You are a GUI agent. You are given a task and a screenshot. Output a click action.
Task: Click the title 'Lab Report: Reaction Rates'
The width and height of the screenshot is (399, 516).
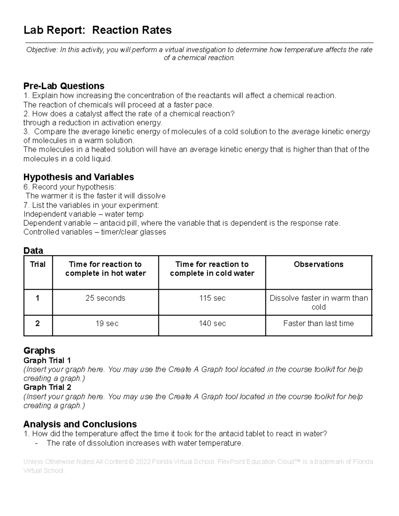pyautogui.click(x=97, y=30)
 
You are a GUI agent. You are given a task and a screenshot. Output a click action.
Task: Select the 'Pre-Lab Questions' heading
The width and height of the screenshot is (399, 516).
pyautogui.click(x=64, y=86)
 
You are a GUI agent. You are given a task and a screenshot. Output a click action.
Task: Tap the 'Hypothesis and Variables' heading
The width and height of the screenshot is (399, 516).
pyautogui.click(x=78, y=177)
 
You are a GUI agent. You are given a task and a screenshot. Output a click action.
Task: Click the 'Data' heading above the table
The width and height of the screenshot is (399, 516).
pyautogui.click(x=33, y=251)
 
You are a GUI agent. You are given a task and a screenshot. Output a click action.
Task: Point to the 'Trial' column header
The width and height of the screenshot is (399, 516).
pyautogui.click(x=38, y=264)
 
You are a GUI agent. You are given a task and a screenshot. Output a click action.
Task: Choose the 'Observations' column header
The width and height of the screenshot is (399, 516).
pyautogui.click(x=318, y=264)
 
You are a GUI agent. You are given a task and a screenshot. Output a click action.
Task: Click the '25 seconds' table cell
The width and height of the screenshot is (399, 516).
pyautogui.click(x=105, y=298)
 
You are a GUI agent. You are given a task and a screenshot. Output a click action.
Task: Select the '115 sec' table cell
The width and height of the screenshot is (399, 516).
pyautogui.click(x=212, y=298)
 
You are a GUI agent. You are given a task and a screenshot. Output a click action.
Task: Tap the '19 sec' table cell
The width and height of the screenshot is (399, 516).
pyautogui.click(x=107, y=323)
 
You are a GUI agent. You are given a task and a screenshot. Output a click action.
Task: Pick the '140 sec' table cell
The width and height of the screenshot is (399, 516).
pyautogui.click(x=212, y=323)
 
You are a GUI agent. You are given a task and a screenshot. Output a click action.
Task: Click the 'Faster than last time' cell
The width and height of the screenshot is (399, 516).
pyautogui.click(x=318, y=323)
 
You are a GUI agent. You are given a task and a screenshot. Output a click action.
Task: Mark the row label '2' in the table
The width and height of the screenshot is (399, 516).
pyautogui.click(x=38, y=323)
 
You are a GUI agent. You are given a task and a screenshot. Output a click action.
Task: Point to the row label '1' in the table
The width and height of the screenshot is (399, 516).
pyautogui.click(x=38, y=298)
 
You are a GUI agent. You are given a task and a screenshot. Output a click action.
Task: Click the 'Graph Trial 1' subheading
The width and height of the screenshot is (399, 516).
pyautogui.click(x=47, y=361)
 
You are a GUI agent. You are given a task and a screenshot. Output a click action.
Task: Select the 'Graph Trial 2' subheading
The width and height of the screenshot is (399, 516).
pyautogui.click(x=47, y=387)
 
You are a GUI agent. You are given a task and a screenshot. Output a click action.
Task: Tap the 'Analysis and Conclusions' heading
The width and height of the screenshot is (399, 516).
pyautogui.click(x=80, y=424)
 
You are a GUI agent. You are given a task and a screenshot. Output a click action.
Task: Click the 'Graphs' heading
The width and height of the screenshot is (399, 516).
pyautogui.click(x=39, y=351)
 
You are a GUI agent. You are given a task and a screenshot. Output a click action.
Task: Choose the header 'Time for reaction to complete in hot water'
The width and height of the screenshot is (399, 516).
pyautogui.click(x=105, y=269)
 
